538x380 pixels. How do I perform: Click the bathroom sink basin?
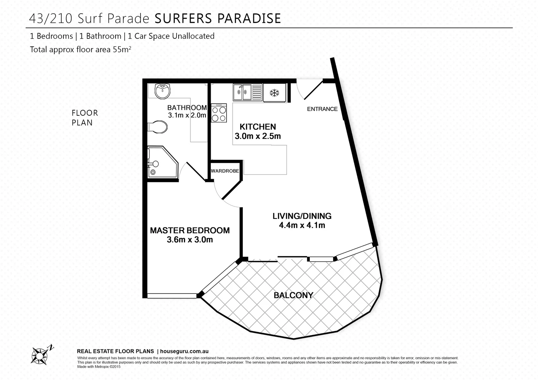coord(162,91)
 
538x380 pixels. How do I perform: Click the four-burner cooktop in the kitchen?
coord(218,113)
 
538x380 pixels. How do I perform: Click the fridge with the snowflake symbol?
coord(274,93)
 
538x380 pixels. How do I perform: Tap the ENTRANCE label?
coord(322,109)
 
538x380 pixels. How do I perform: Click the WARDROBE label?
coord(225,171)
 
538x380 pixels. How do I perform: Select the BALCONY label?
coord(293,295)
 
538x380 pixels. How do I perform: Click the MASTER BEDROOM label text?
coord(190,230)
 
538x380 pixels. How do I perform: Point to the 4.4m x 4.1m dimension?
coord(302,225)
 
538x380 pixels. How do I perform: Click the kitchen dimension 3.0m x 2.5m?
coord(258,136)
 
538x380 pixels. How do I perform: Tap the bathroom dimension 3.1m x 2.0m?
coord(187,115)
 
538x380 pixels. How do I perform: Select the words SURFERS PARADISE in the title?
coord(218,18)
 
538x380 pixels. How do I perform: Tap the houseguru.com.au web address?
coord(184,351)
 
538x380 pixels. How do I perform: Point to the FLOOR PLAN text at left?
coord(85,118)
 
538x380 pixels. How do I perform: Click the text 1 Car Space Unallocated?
coord(171,36)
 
